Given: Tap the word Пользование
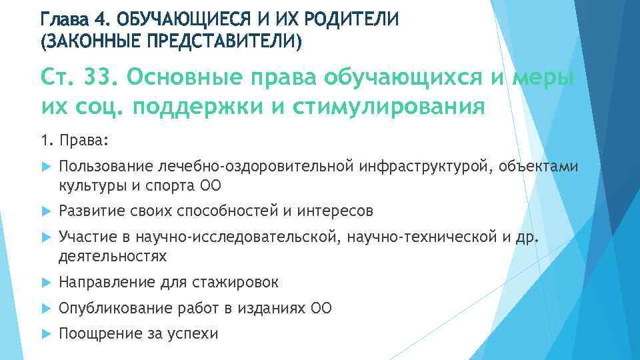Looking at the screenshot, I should tap(107, 165).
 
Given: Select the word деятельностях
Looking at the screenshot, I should tap(113, 256).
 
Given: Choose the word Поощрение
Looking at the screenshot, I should tap(99, 333).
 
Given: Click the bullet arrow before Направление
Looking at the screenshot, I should tap(45, 283).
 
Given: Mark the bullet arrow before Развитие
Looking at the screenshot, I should tap(45, 211).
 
